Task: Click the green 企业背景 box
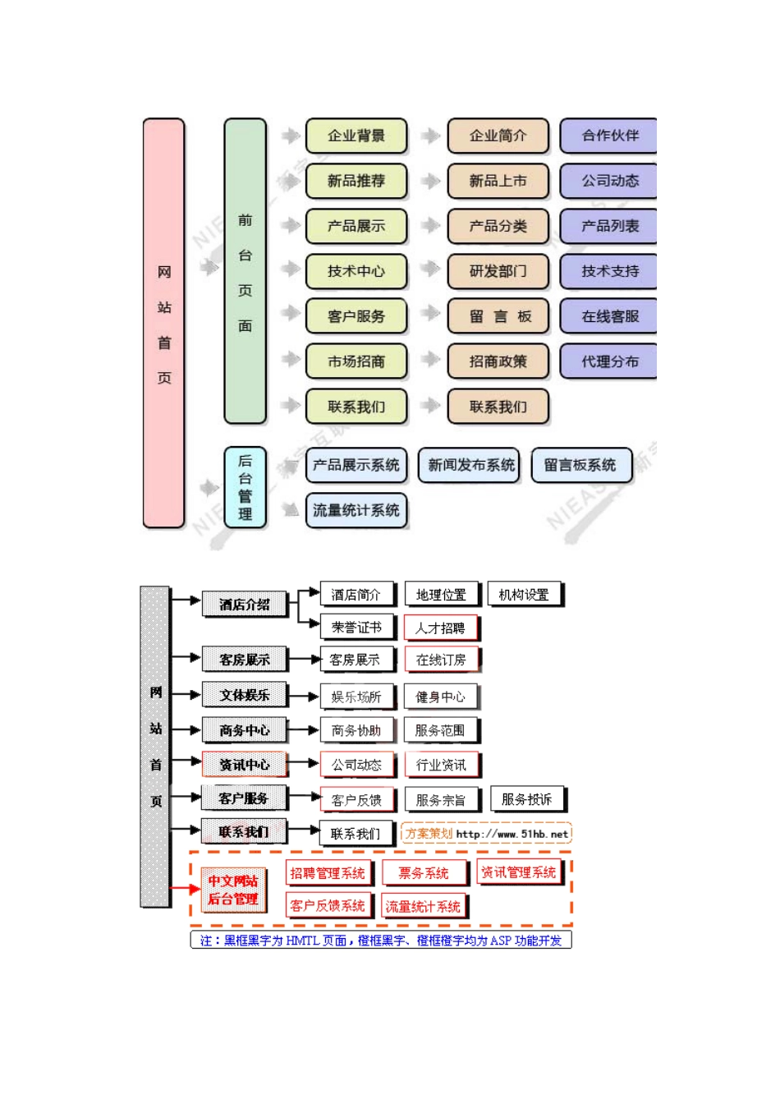(x=356, y=136)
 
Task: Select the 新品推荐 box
(x=356, y=181)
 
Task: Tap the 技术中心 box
(x=356, y=271)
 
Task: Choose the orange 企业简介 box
(x=498, y=136)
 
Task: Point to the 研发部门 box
(x=498, y=271)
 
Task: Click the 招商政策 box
(x=498, y=361)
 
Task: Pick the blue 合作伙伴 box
(x=608, y=136)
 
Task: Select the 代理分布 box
(x=608, y=361)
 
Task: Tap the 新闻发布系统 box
(x=470, y=465)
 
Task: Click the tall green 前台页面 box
(x=245, y=272)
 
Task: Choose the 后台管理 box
(x=245, y=487)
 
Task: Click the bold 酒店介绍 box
(x=244, y=605)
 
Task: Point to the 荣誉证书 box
(x=356, y=628)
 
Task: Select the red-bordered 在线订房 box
(x=441, y=660)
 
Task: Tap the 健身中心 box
(x=440, y=697)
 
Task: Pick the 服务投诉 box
(x=526, y=799)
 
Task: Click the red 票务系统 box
(x=424, y=873)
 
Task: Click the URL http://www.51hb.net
(x=512, y=834)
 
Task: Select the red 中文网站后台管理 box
(x=233, y=890)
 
